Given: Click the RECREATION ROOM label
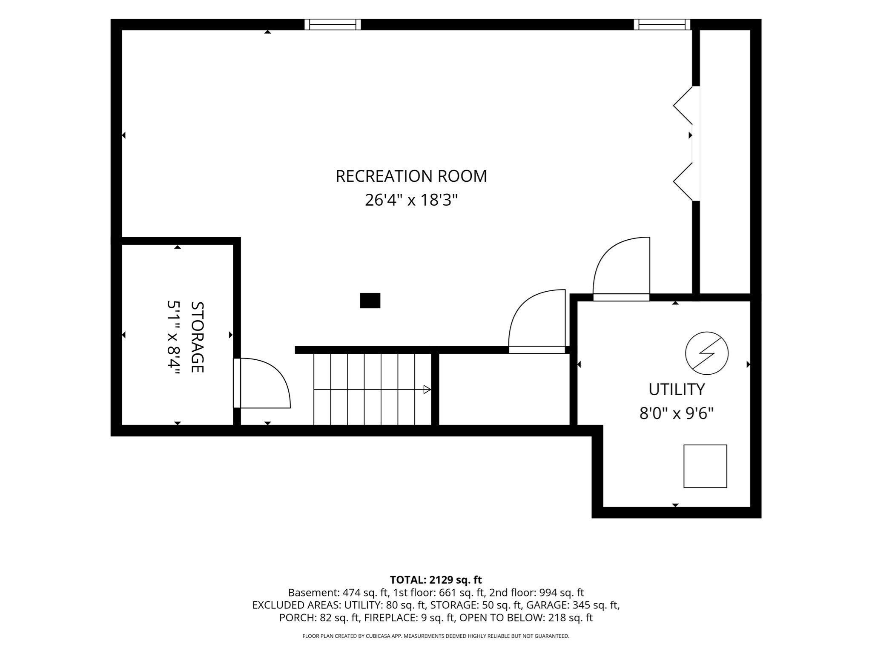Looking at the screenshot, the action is coord(411,176).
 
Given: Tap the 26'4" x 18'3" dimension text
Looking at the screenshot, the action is coord(411,200).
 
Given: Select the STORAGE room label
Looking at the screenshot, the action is coord(197,337).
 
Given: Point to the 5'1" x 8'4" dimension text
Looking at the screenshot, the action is coord(174,337).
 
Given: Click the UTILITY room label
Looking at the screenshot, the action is coord(677,389).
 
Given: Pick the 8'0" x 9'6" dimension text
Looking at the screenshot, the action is coord(677,413).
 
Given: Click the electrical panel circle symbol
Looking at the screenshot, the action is coord(707,353).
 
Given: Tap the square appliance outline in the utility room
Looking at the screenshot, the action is coord(705,466).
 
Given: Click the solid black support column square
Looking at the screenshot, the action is coord(370,301).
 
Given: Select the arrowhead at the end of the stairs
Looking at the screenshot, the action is coord(427,389).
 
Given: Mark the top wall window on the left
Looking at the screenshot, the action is coord(333,24).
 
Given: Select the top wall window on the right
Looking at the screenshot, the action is coord(662,24).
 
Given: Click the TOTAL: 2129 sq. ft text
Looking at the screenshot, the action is coord(436,580).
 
